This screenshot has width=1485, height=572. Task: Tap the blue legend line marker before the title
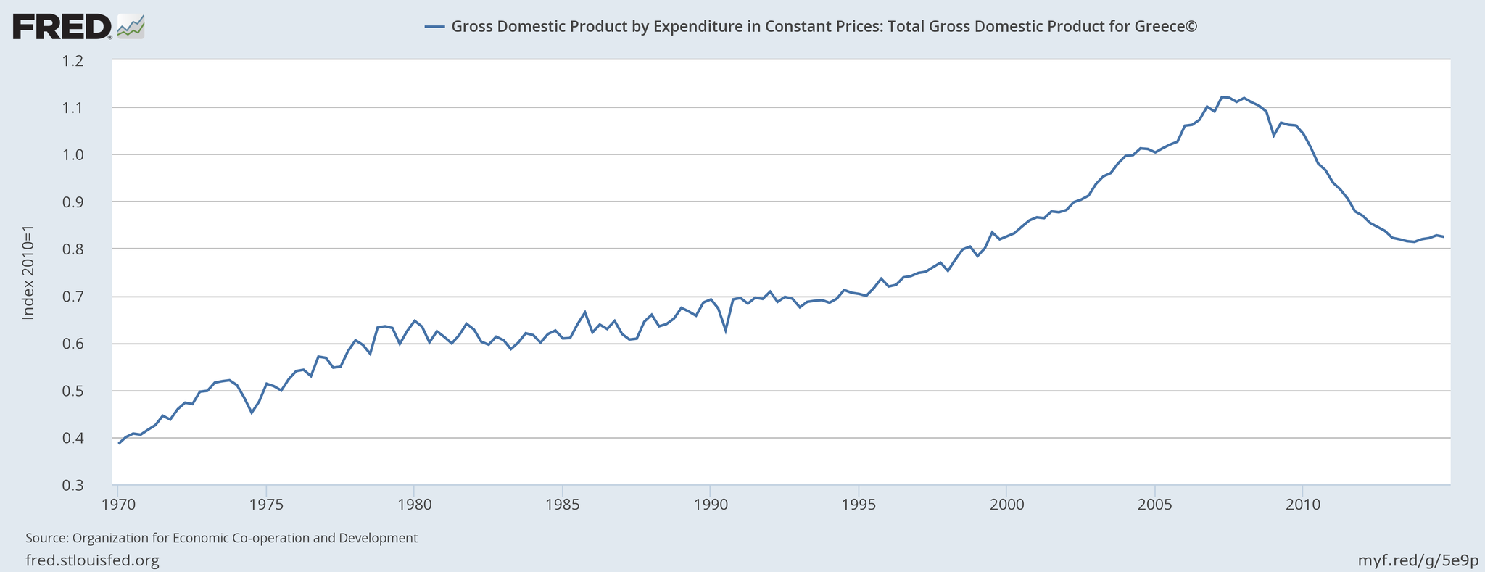pos(434,27)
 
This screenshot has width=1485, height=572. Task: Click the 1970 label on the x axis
pos(117,504)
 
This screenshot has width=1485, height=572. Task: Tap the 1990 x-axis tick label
pos(710,504)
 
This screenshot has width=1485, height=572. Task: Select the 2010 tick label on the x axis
pos(1302,504)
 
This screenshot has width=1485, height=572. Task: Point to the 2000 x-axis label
pos(1006,504)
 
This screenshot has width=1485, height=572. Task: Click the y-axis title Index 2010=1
pos(28,273)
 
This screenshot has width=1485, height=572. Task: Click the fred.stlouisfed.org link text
pos(92,560)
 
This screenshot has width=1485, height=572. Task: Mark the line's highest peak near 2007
pos(1223,96)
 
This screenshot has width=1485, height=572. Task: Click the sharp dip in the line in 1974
pos(251,413)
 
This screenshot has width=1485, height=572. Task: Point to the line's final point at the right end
pos(1443,236)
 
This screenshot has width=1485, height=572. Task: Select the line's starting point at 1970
pos(118,443)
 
